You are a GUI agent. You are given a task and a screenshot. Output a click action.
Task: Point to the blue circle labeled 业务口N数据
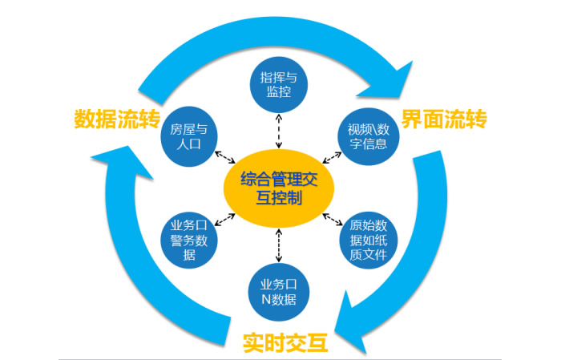click(x=279, y=292)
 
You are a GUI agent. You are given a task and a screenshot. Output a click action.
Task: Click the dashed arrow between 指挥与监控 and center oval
click(x=278, y=131)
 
